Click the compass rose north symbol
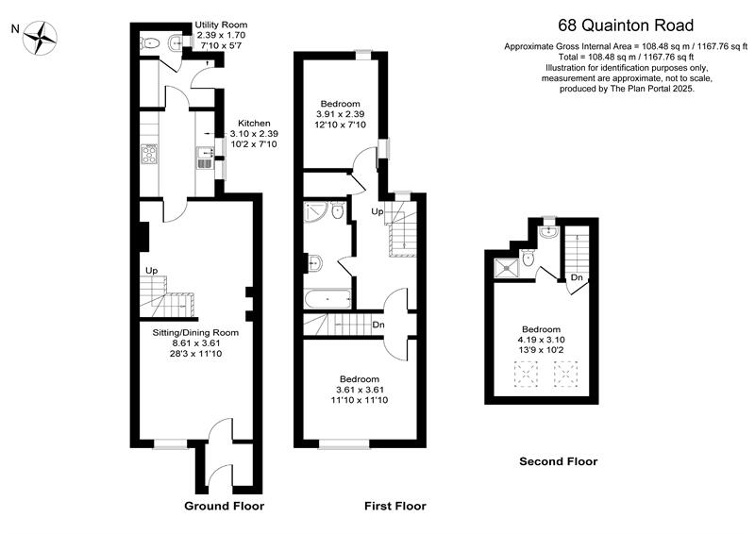click(42, 39)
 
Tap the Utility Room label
click(222, 25)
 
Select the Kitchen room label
click(254, 124)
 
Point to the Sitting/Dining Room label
click(195, 333)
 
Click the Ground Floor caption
click(224, 506)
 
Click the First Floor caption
click(395, 506)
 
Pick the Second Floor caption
click(559, 461)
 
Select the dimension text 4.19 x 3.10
click(542, 340)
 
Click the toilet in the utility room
click(150, 42)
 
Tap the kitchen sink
click(204, 156)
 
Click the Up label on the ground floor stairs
click(151, 272)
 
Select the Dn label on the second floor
click(577, 277)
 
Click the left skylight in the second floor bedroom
click(520, 378)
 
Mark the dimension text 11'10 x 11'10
click(359, 401)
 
